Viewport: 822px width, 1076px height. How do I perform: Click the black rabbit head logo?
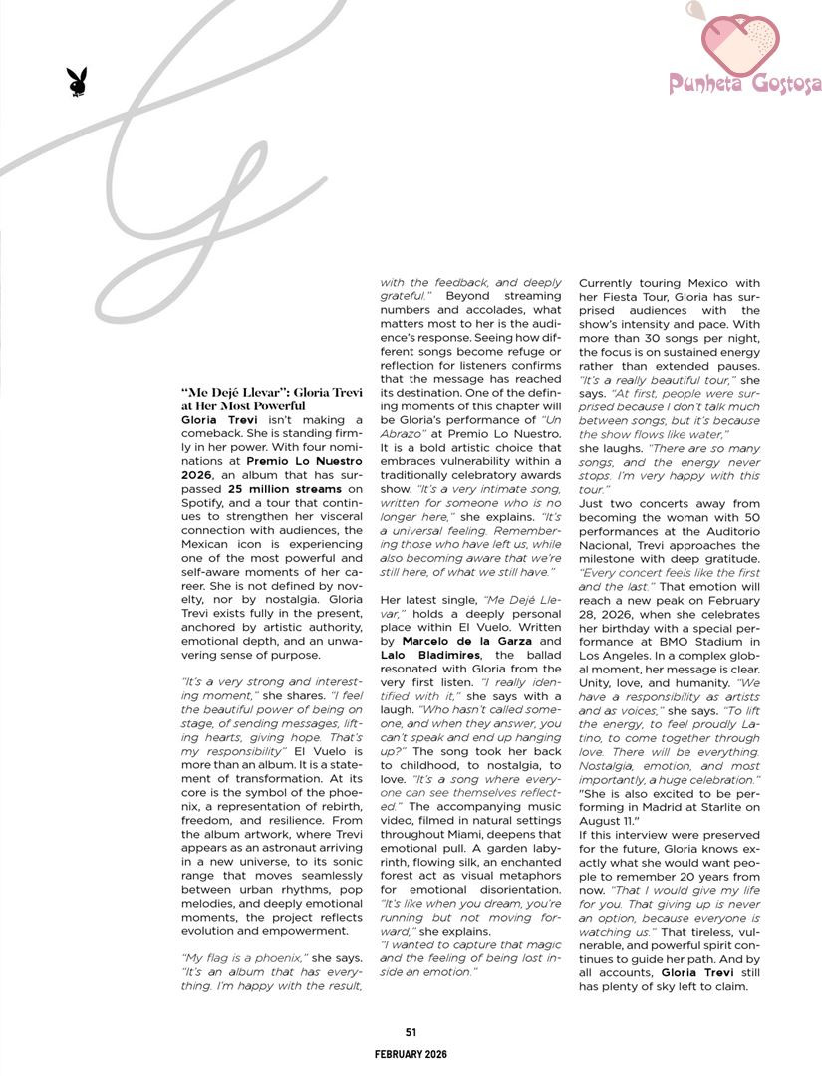coord(78,82)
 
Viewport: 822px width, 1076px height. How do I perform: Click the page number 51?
coord(411,1032)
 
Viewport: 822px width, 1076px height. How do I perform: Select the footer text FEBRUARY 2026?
coord(411,1054)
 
